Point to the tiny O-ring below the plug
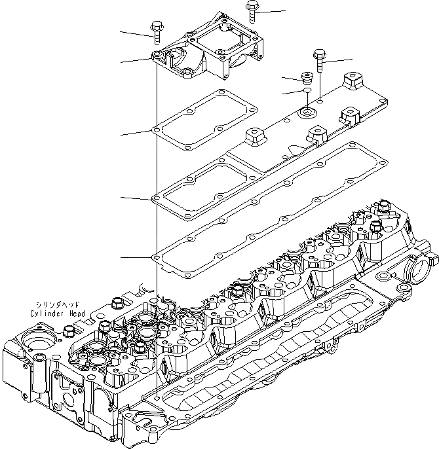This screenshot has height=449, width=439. click(x=305, y=92)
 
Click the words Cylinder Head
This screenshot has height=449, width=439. click(x=57, y=314)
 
